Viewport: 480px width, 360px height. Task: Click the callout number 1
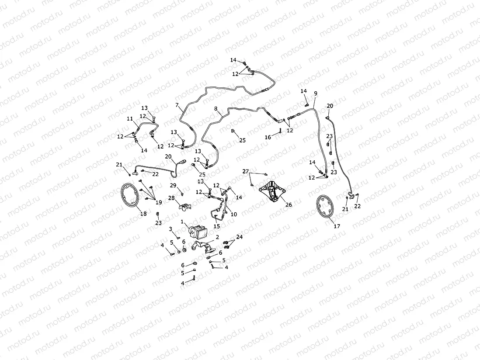[x=182, y=222]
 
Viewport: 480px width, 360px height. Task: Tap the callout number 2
[x=217, y=237]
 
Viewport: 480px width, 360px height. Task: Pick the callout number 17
[x=337, y=226]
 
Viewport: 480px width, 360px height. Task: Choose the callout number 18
[x=143, y=214]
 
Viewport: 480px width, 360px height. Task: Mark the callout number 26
[x=289, y=204]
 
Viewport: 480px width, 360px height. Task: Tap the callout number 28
[x=172, y=198]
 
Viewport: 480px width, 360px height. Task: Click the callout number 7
[x=177, y=105]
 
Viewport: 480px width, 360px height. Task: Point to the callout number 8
[x=216, y=108]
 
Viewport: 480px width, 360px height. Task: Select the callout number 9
[x=316, y=93]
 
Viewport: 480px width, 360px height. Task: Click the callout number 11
[x=129, y=119]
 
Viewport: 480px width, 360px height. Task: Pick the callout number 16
[x=268, y=137]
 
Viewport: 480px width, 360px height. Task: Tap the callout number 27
[x=246, y=171]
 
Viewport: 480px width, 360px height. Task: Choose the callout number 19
[x=158, y=202]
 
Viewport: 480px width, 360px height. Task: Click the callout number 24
[x=239, y=237]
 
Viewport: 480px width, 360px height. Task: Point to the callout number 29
[x=173, y=186]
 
